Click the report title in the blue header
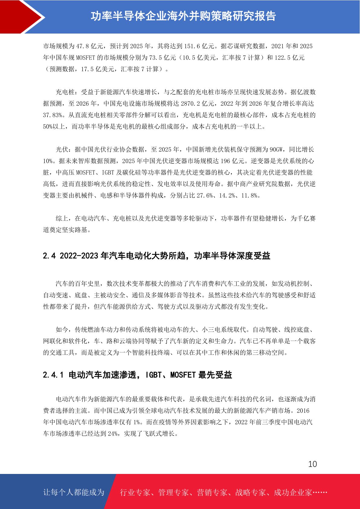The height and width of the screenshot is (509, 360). point(183,16)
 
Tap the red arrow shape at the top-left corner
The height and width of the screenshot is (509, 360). point(18,17)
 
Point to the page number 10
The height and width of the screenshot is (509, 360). point(312,464)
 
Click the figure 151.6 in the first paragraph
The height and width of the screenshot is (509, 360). point(192,46)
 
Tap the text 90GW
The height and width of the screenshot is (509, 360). point(276,150)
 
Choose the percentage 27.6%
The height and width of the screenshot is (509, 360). point(205,196)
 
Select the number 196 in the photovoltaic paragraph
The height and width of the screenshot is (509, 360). point(225,161)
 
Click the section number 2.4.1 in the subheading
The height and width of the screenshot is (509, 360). point(53,375)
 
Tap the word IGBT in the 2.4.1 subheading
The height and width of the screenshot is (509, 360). point(154,375)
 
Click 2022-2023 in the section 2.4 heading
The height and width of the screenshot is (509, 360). point(79,256)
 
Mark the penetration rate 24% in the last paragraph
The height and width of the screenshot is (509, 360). point(113,434)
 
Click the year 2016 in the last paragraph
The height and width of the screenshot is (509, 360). point(303,411)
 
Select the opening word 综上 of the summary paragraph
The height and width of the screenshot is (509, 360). point(62,219)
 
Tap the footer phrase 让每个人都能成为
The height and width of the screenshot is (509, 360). point(74,492)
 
